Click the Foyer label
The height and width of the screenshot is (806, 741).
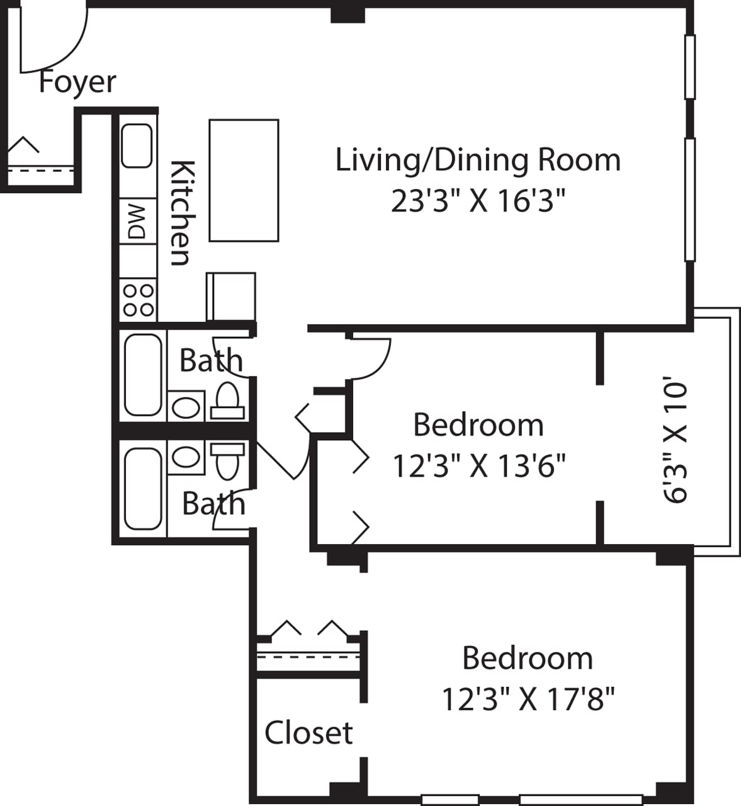point(77,82)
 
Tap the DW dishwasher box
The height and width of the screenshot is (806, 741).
point(137,221)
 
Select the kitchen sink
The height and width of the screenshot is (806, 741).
point(137,145)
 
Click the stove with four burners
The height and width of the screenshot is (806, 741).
point(139,300)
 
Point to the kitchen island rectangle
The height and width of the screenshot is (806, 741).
point(244,180)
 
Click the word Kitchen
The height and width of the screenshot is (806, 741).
point(181,213)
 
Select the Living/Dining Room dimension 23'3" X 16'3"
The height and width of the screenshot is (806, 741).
point(478,201)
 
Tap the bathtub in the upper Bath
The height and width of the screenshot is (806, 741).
point(143,375)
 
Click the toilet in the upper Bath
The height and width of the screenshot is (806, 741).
point(227,400)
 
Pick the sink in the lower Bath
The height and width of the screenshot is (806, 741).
point(185,457)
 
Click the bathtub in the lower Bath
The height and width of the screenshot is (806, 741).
point(143,489)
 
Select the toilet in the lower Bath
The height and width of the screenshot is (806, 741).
point(227,460)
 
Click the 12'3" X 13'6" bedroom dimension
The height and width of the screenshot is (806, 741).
point(478,467)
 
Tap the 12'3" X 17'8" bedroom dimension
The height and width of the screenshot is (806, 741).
point(528,699)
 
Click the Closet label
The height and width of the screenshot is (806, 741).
point(308,733)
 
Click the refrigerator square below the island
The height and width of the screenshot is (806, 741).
point(231,297)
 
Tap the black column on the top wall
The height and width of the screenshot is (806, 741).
point(348,13)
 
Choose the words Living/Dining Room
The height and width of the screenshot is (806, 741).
point(478,160)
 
